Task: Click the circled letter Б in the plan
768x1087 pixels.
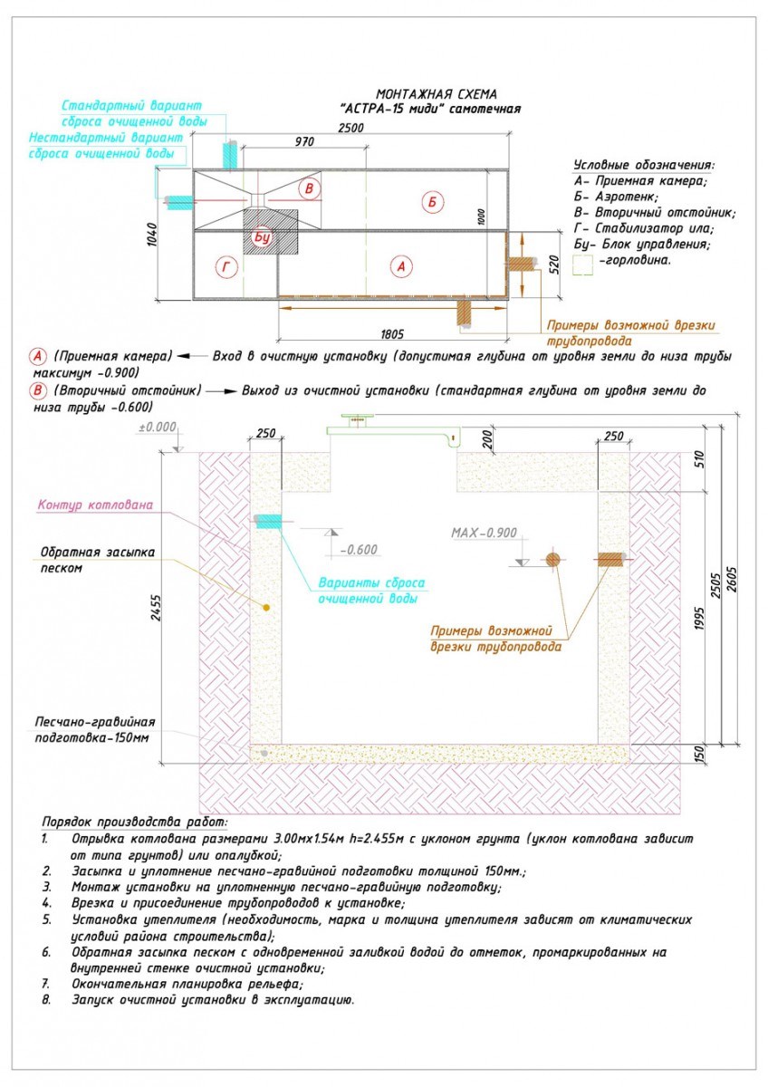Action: (432, 202)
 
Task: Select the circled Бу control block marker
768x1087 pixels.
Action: (262, 237)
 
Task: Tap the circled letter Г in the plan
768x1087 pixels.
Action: (226, 267)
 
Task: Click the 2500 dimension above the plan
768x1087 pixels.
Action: (350, 128)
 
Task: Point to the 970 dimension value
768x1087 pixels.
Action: (304, 141)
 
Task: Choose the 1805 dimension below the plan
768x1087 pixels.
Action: (392, 334)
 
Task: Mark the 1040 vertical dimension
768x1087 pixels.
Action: (152, 235)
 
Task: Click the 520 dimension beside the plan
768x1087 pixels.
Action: (554, 265)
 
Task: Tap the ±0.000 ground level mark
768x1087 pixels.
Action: (158, 427)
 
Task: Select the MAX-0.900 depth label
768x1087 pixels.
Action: (484, 533)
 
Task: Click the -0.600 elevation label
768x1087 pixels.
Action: (359, 550)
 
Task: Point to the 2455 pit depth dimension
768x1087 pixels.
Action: (155, 608)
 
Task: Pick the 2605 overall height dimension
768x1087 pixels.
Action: (732, 580)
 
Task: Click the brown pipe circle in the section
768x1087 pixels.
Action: (552, 560)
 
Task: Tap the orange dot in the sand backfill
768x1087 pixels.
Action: (266, 608)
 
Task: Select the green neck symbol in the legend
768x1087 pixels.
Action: (582, 265)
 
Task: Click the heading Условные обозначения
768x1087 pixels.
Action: (644, 165)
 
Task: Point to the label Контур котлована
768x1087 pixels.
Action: (95, 505)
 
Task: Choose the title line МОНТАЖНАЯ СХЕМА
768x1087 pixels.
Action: (437, 94)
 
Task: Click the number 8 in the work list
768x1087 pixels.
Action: (46, 1000)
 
